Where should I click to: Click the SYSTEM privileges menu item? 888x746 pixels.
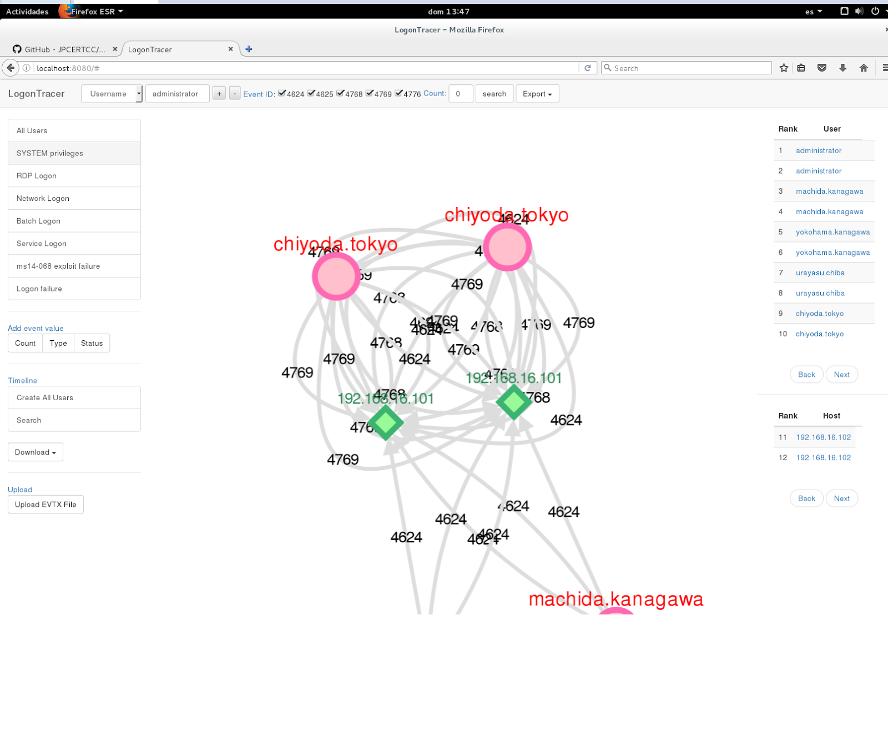click(x=74, y=153)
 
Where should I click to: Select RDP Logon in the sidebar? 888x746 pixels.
click(x=74, y=176)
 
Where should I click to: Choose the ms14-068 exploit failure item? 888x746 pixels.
click(x=74, y=266)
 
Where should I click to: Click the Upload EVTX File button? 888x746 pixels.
click(x=46, y=505)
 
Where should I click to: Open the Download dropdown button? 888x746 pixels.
click(x=36, y=452)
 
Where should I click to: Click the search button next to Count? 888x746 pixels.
click(x=494, y=94)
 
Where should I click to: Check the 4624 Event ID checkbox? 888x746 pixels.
click(x=282, y=93)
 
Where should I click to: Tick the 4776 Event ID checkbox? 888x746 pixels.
click(x=398, y=93)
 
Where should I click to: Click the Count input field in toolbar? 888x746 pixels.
click(x=460, y=94)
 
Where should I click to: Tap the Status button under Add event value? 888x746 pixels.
click(x=92, y=344)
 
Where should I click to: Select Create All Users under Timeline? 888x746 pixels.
click(x=74, y=398)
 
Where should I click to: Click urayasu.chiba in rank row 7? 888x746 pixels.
click(x=820, y=273)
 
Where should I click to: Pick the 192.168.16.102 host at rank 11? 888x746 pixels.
click(x=823, y=437)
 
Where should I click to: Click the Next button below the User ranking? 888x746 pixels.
click(x=841, y=375)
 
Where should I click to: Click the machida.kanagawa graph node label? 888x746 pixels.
click(x=615, y=599)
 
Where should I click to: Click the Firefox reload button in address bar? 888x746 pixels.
click(x=588, y=68)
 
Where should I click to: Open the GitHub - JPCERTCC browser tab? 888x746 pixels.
click(x=64, y=49)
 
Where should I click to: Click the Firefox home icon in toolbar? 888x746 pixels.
click(x=864, y=68)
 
